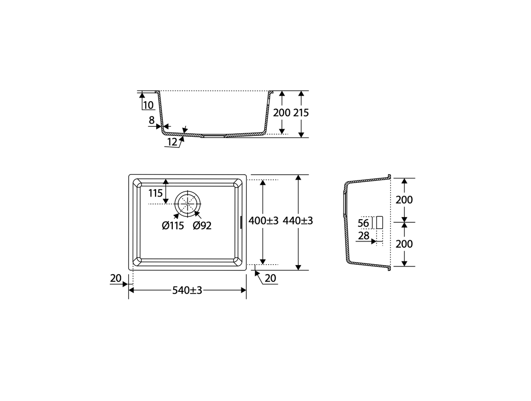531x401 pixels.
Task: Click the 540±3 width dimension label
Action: (x=187, y=290)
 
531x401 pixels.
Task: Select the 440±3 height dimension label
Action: (x=298, y=221)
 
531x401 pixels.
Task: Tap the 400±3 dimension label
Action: (x=263, y=221)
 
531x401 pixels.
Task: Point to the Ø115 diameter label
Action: (x=173, y=226)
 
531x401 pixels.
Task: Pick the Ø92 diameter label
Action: (x=202, y=226)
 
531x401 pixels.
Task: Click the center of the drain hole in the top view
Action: (x=188, y=204)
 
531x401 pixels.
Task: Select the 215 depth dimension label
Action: (x=301, y=113)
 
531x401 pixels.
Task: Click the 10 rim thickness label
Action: (x=148, y=105)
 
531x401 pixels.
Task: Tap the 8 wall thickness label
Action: (x=151, y=120)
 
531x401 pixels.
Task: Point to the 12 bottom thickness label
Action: (x=172, y=142)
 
